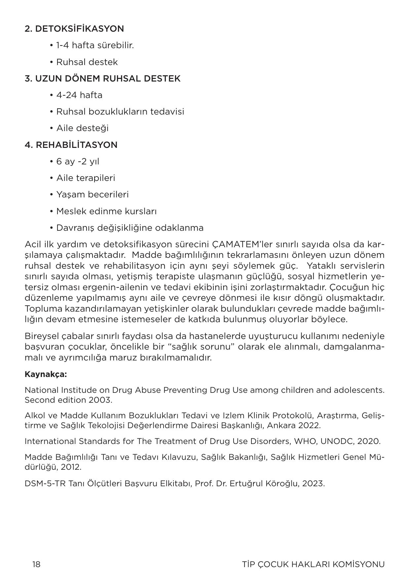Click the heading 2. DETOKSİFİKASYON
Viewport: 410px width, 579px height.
[x=74, y=29]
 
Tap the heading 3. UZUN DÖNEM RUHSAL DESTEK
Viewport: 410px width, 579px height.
[x=102, y=79]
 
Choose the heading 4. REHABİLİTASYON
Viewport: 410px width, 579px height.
[x=71, y=145]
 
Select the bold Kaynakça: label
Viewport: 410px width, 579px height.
[x=46, y=375]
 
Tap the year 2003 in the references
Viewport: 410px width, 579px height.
[x=100, y=400]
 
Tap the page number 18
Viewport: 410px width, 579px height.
[x=36, y=564]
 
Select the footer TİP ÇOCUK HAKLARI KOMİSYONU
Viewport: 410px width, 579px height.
[x=313, y=564]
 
